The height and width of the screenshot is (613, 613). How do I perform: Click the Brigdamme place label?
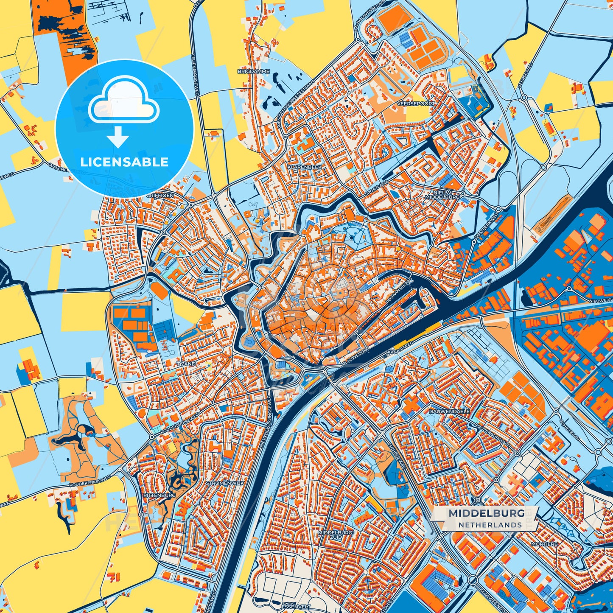(x=253, y=71)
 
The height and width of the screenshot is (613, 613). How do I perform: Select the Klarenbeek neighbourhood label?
(x=304, y=167)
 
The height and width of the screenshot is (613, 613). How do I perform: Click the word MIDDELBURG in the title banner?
(x=486, y=513)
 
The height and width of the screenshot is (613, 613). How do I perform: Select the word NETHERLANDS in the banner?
(x=490, y=525)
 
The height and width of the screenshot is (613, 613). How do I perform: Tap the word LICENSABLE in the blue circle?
(x=124, y=162)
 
